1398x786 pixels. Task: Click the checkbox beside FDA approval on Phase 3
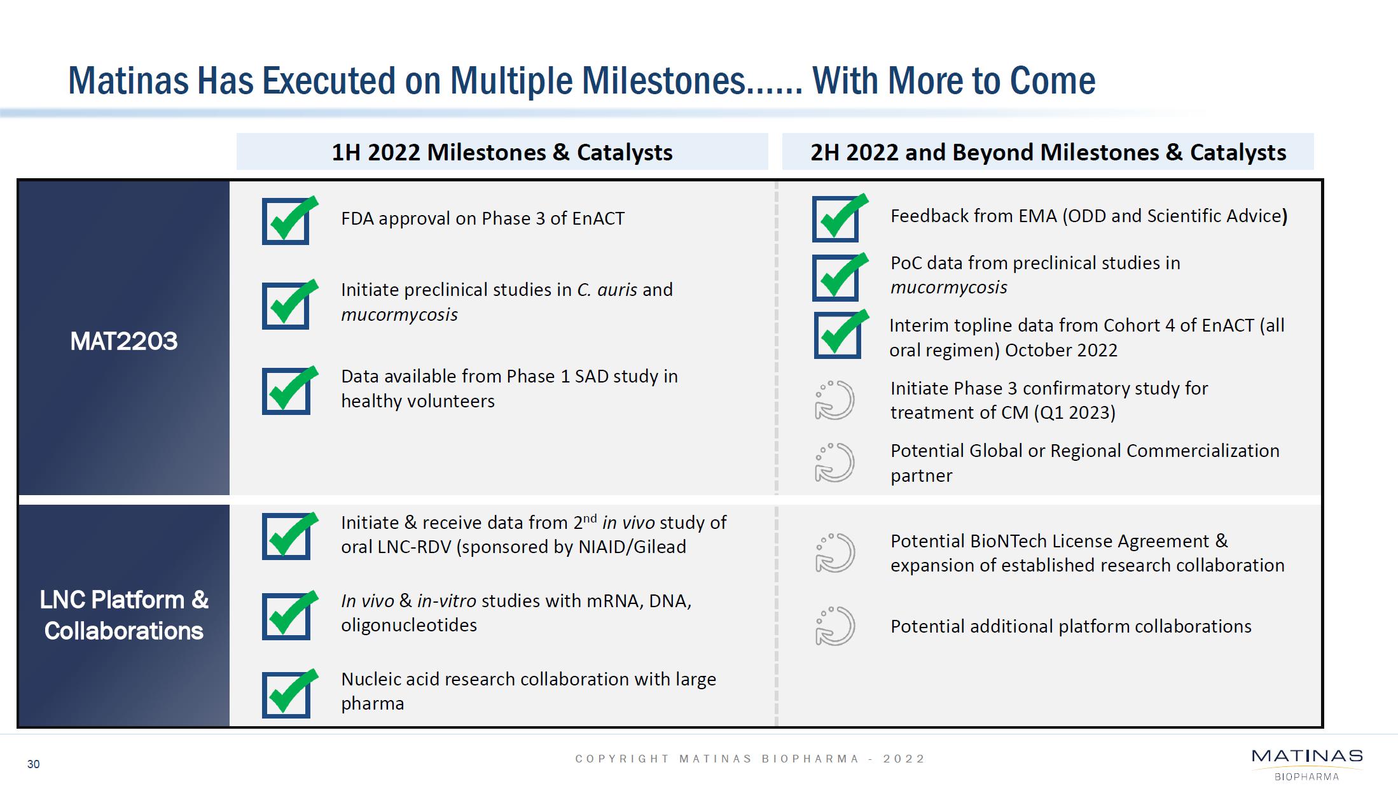(x=286, y=221)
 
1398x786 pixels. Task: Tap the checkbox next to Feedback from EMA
(x=835, y=219)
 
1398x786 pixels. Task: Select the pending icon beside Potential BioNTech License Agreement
(x=834, y=552)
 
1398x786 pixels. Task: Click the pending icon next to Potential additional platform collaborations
(x=834, y=626)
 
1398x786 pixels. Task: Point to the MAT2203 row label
(x=123, y=341)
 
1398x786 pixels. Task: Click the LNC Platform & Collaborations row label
(x=123, y=615)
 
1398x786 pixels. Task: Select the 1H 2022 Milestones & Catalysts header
(x=502, y=152)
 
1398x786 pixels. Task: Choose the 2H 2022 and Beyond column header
(x=1048, y=152)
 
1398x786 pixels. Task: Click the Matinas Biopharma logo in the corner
(x=1306, y=763)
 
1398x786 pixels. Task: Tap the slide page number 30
(x=33, y=764)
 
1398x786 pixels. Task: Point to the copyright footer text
(x=750, y=759)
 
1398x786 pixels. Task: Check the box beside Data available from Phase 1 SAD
(x=286, y=391)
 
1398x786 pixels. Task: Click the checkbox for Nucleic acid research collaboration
(x=286, y=694)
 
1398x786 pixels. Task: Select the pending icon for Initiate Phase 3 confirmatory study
(x=834, y=400)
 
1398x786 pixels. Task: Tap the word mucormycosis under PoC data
(x=948, y=288)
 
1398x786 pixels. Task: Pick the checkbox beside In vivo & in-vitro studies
(x=286, y=616)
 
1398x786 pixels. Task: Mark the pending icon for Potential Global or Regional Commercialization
(x=834, y=463)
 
